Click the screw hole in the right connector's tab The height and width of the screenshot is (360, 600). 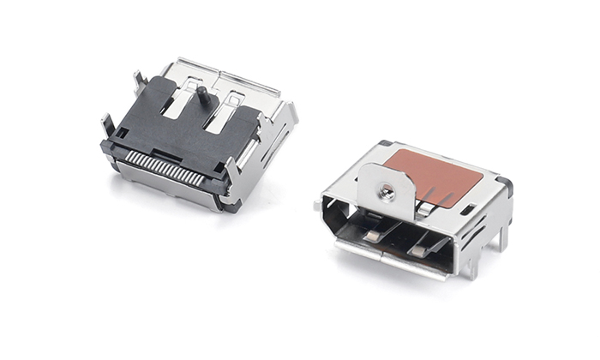387,194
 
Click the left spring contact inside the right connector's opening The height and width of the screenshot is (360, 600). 375,233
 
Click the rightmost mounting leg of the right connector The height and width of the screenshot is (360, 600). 504,234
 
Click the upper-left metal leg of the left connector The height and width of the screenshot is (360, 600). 138,81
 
